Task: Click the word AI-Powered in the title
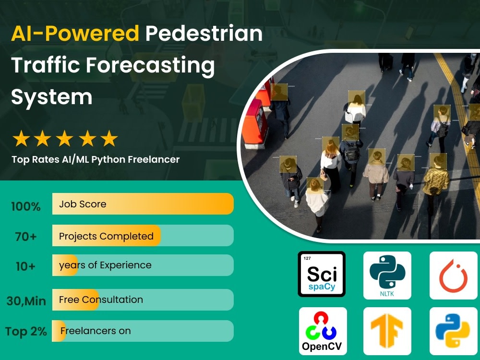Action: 75,34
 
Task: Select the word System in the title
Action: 51,96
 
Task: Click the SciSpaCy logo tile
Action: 321,274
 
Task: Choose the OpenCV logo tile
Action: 322,331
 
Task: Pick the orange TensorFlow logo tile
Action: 387,331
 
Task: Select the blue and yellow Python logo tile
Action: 453,331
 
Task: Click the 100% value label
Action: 25,207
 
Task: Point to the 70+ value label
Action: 26,237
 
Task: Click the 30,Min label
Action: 26,301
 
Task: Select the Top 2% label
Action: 26,332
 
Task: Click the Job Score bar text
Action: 83,204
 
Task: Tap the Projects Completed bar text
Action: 106,236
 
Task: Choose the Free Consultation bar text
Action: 101,300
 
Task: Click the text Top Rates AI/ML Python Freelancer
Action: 96,159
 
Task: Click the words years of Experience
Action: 105,265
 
